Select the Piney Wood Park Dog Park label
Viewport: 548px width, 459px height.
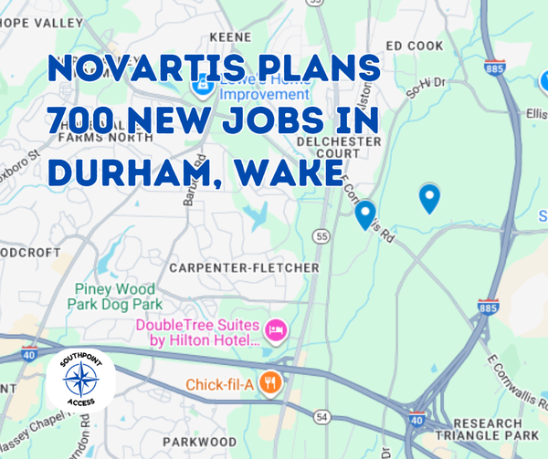118,296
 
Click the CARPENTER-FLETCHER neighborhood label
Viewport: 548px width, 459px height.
244,267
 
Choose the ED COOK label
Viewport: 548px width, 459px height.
415,45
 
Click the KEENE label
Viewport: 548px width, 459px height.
230,37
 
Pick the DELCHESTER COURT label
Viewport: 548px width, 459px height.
340,147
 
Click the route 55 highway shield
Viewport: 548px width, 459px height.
321,235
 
